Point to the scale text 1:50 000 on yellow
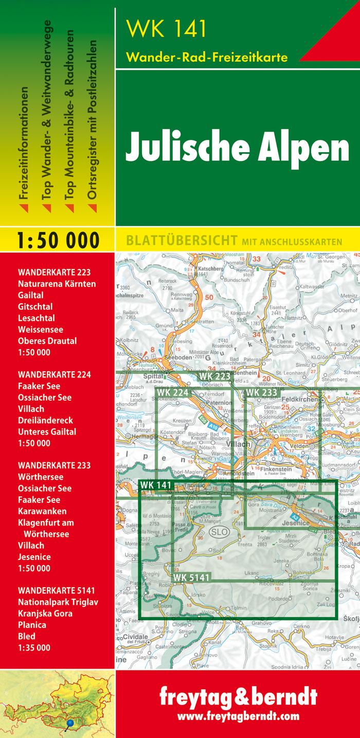(57, 240)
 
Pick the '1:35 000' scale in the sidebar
(34, 648)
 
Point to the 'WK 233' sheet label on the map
(262, 392)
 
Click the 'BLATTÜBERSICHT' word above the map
(178, 241)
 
